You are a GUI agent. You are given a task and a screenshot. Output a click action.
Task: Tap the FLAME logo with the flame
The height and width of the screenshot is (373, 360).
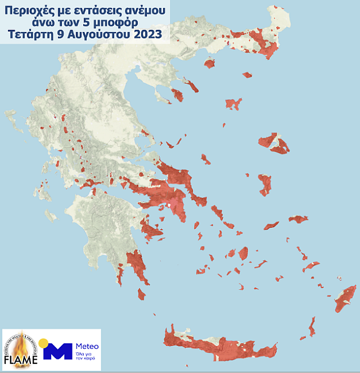click(x=21, y=349)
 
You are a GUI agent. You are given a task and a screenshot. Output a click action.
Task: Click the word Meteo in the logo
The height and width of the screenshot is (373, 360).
click(x=87, y=346)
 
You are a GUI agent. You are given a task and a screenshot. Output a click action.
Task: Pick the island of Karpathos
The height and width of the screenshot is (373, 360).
click(x=312, y=326)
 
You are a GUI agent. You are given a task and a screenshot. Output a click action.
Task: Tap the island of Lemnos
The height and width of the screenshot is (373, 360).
click(x=233, y=104)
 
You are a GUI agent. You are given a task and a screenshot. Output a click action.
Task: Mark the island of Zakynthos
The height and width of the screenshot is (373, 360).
click(x=51, y=215)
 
